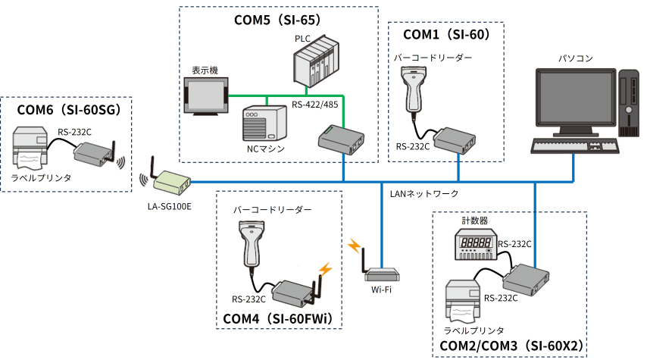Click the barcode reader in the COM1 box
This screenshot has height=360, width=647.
pos(416,88)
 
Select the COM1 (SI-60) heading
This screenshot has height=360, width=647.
pos(447,35)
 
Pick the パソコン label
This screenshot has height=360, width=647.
pos(575,58)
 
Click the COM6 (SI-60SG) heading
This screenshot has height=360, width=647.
pos(69,111)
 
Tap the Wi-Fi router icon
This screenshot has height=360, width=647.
pos(380,275)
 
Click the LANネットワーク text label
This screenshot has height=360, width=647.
pos(424,194)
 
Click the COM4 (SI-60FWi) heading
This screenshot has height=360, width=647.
pos(278,317)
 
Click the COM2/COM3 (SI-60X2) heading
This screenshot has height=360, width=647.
pos(511,346)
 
